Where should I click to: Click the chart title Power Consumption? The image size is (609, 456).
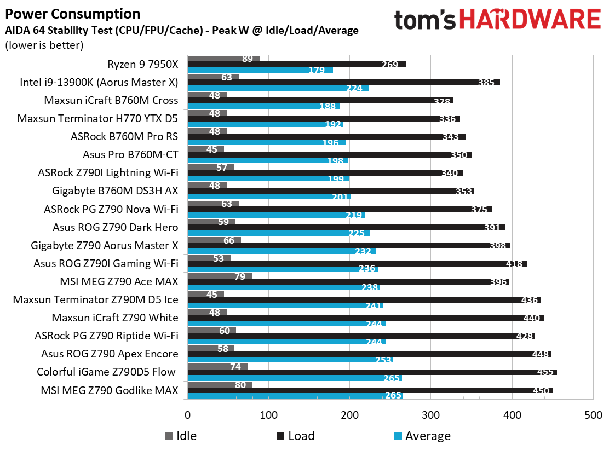coord(72,14)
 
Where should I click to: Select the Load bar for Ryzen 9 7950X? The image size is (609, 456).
coord(296,64)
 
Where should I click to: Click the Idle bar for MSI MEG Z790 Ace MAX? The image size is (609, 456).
coord(220,276)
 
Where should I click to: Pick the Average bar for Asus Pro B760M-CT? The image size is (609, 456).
coord(267,160)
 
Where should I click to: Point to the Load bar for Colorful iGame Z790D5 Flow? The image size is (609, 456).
coord(372,372)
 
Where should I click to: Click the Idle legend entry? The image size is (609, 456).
coord(181,436)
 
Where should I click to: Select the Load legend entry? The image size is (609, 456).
coord(295,436)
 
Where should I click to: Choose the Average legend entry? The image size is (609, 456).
coord(422,436)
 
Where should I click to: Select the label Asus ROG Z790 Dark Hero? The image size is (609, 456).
coord(116,227)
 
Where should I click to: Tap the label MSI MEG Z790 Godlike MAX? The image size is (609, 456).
coord(110,390)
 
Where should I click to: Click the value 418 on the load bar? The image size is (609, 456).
coord(513,264)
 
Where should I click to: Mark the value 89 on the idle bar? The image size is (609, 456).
coord(247,59)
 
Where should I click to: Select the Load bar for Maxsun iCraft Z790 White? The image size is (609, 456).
coord(366,318)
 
